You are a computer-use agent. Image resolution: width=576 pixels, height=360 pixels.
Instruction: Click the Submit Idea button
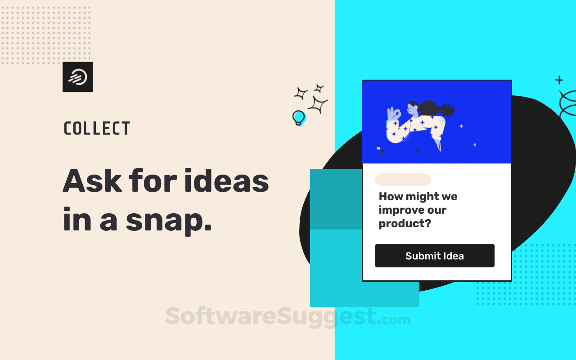(435, 256)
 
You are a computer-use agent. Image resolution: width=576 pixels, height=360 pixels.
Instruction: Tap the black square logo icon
(78, 76)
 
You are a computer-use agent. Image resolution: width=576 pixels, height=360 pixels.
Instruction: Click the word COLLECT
(97, 128)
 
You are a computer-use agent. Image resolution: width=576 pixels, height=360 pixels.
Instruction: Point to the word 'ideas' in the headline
(226, 180)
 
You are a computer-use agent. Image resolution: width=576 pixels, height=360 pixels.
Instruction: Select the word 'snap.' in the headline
(169, 220)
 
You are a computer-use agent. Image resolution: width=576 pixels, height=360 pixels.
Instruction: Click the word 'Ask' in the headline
(92, 180)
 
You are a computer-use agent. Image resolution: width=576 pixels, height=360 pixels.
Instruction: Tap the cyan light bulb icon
(299, 118)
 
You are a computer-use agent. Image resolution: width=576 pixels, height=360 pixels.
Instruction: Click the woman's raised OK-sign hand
(393, 114)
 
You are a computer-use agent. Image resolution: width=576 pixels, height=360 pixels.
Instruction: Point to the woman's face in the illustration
(412, 109)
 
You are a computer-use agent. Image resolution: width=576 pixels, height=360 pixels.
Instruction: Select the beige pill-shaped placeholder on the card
(403, 180)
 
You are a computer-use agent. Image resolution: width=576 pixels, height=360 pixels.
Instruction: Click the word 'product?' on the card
(405, 224)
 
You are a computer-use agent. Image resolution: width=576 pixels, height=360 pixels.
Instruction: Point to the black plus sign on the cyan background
(559, 80)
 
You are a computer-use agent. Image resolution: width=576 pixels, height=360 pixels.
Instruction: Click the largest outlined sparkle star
(318, 104)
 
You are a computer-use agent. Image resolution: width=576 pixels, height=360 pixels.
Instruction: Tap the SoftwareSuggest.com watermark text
(288, 317)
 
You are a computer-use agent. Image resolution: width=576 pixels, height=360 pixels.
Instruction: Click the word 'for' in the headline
(153, 180)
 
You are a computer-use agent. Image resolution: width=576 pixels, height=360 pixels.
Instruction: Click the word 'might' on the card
(422, 197)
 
